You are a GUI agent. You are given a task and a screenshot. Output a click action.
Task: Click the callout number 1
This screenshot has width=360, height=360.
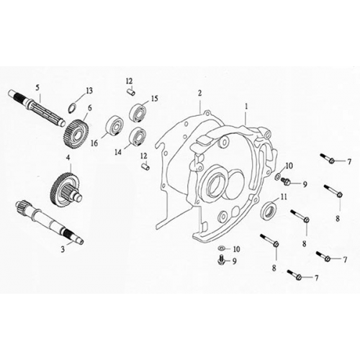click(x=246, y=105)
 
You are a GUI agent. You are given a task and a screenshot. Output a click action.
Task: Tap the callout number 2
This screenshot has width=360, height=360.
click(x=199, y=94)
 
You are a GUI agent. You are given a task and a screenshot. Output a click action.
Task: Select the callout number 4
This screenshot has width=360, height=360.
click(x=68, y=158)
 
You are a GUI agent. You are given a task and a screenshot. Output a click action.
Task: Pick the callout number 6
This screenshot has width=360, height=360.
click(x=89, y=109)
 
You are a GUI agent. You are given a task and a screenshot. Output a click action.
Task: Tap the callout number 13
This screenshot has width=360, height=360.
click(x=90, y=90)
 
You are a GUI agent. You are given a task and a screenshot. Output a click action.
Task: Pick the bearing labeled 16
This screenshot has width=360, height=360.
click(x=113, y=125)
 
